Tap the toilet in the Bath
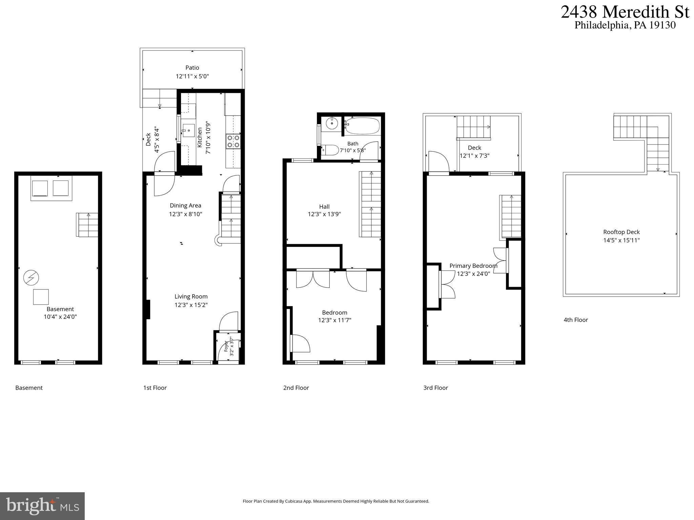tap(330, 150)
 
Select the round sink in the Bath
tap(332, 124)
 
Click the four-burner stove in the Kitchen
tap(233, 141)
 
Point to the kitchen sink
tap(188, 130)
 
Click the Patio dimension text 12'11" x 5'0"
tap(192, 77)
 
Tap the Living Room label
tap(191, 297)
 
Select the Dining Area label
tap(185, 205)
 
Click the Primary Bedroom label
tap(473, 266)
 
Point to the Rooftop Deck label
tap(621, 232)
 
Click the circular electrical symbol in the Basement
tap(31, 278)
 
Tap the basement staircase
tap(87, 225)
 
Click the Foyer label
tap(226, 347)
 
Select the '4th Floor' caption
tap(576, 320)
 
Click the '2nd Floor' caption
tap(296, 388)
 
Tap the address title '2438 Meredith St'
tap(625, 12)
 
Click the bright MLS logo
tap(42, 506)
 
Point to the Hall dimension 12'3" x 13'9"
tap(324, 214)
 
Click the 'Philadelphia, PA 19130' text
tap(625, 25)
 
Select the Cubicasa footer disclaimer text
tap(336, 501)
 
